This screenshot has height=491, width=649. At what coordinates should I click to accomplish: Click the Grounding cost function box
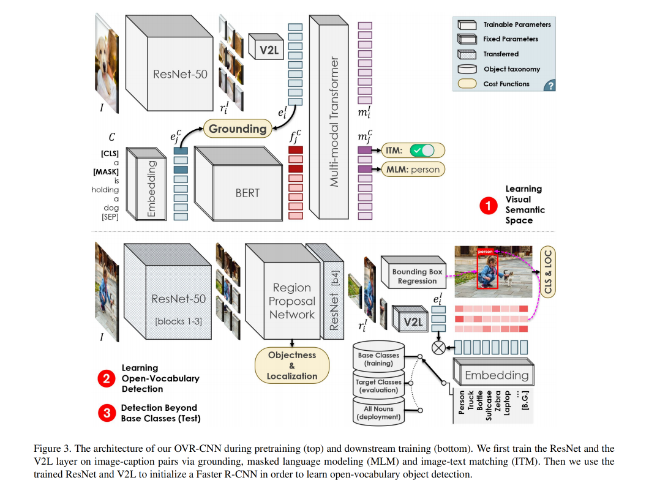click(x=238, y=129)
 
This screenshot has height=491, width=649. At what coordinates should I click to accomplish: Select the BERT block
click(x=247, y=192)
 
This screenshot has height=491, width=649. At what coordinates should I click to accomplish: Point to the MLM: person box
click(x=412, y=168)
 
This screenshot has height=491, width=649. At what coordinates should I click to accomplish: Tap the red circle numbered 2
click(x=107, y=378)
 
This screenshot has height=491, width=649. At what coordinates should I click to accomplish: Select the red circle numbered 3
click(x=107, y=413)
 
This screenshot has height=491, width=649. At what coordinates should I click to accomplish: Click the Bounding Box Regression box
click(x=418, y=276)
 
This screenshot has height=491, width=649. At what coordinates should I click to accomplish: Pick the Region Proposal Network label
click(x=292, y=301)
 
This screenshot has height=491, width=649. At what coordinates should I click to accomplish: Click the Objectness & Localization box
click(x=292, y=365)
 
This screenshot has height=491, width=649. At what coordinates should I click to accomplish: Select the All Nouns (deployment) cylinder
click(x=378, y=413)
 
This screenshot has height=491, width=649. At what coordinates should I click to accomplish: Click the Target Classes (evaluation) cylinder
click(x=378, y=386)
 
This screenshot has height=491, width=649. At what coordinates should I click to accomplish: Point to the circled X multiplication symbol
click(x=438, y=347)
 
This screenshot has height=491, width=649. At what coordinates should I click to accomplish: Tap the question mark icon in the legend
click(x=550, y=86)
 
